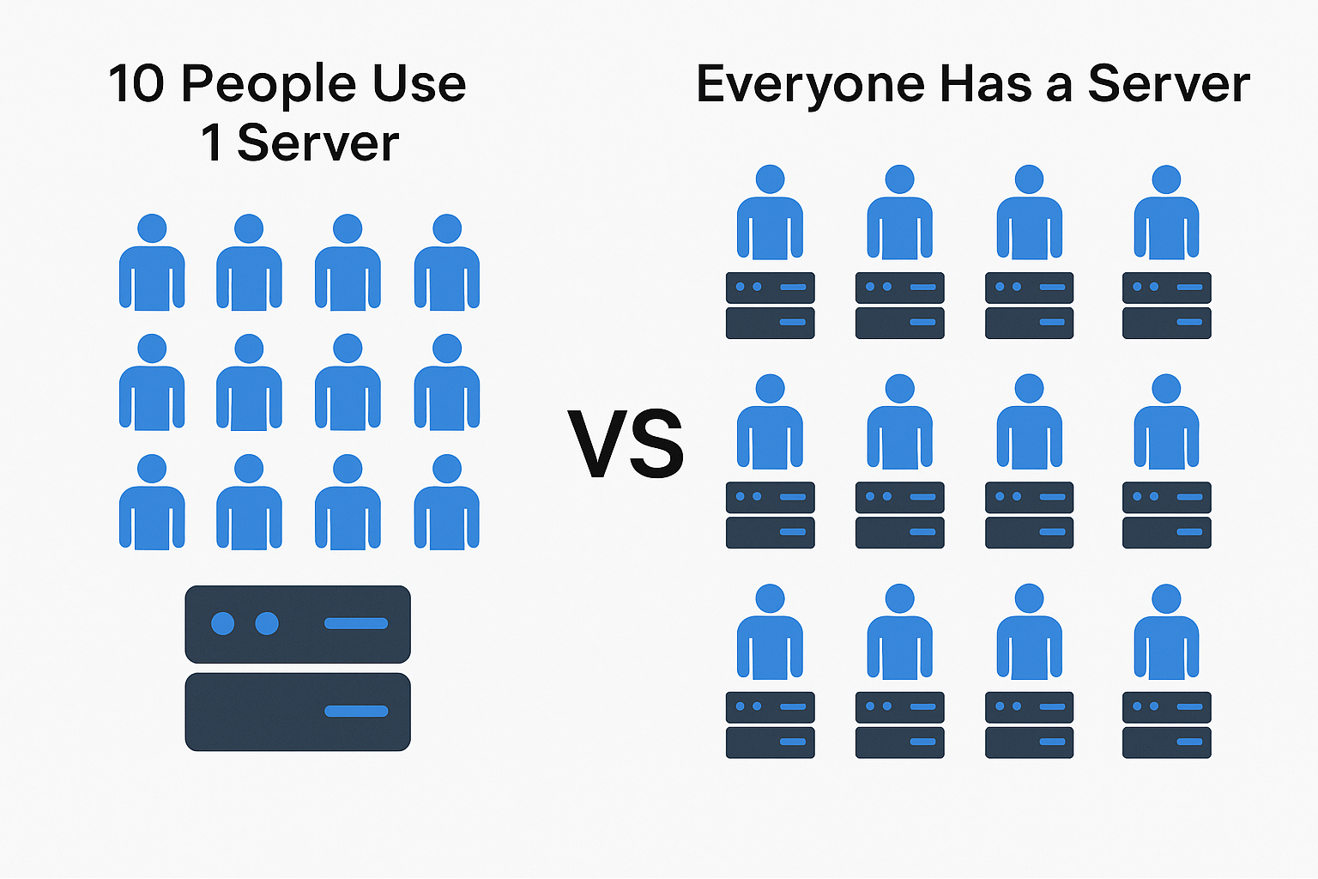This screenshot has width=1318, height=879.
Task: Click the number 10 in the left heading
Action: tap(136, 83)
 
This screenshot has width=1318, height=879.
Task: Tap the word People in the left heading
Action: tap(269, 88)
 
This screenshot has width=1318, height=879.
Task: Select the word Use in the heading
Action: tap(420, 83)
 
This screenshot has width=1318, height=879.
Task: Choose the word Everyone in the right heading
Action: tap(811, 88)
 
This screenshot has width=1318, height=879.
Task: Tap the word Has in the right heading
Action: tap(986, 83)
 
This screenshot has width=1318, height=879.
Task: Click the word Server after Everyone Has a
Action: tap(1169, 83)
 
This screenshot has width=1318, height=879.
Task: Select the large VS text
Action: tap(626, 443)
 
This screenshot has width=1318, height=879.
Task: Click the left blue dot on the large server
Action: tap(222, 623)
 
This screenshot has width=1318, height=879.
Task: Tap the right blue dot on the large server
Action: tap(267, 623)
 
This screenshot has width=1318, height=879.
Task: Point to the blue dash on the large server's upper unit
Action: tap(356, 623)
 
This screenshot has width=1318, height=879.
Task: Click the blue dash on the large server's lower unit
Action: tap(356, 712)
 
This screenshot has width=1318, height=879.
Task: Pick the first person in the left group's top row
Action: tap(152, 262)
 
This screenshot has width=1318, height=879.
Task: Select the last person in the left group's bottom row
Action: tap(446, 502)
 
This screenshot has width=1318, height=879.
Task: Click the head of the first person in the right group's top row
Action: tap(770, 179)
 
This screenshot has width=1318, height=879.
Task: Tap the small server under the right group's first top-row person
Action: tap(771, 306)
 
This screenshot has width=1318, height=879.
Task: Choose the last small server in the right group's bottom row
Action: tap(1167, 724)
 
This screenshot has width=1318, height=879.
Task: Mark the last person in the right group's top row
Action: tap(1167, 212)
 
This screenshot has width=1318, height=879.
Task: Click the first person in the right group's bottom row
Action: tap(770, 632)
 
